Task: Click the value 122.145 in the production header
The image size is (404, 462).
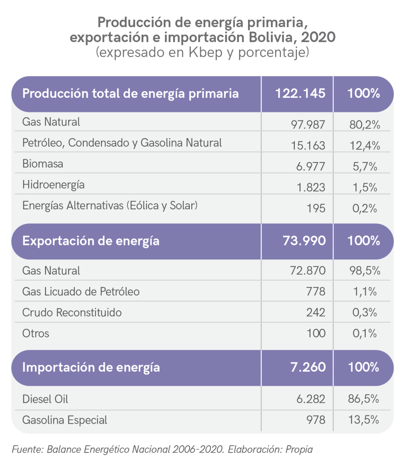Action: (x=300, y=94)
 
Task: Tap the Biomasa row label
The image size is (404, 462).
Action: (x=43, y=164)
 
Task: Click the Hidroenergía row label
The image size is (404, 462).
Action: (x=53, y=185)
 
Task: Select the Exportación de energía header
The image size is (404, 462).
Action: (x=91, y=241)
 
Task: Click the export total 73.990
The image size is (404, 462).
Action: (x=303, y=241)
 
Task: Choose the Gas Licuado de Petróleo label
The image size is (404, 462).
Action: (x=81, y=292)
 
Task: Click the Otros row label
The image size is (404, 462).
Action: (x=36, y=334)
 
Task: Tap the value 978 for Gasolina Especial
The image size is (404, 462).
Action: (x=315, y=420)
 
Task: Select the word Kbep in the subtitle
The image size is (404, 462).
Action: (x=203, y=52)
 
